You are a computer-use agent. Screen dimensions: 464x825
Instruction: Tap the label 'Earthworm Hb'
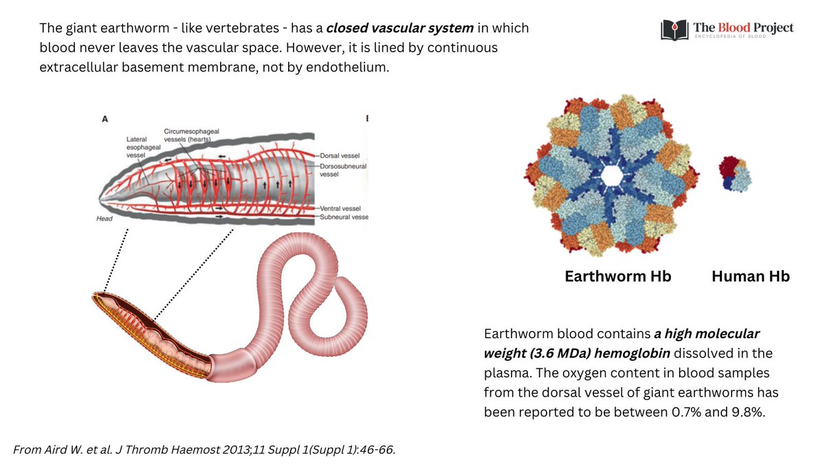[618, 276]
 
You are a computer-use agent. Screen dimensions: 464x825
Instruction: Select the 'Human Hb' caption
[751, 276]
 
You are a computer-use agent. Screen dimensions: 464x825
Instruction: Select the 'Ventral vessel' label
[342, 208]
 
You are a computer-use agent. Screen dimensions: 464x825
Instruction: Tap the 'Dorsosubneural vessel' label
[343, 170]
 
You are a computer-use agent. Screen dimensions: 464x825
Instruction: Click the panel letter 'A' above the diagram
[104, 118]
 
